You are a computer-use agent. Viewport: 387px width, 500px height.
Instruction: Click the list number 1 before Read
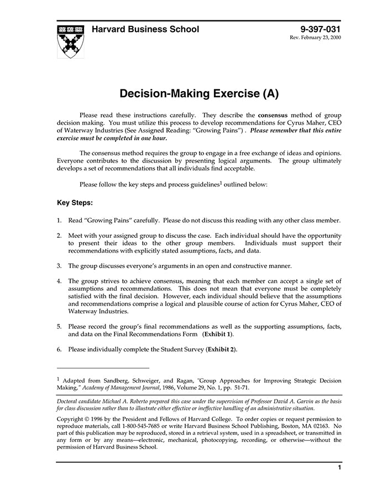pyautogui.click(x=59, y=220)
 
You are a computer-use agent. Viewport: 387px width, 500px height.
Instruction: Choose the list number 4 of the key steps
pyautogui.click(x=59, y=281)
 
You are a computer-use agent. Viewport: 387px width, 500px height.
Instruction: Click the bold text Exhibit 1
pyautogui.click(x=218, y=334)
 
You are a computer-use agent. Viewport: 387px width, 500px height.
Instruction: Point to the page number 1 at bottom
pyautogui.click(x=339, y=467)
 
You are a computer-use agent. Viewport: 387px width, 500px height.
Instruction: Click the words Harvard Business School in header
pyautogui.click(x=145, y=29)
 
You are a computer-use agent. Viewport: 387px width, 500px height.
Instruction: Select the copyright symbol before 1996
pyautogui.click(x=88, y=419)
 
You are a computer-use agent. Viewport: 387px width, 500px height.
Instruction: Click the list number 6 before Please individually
pyautogui.click(x=59, y=349)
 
